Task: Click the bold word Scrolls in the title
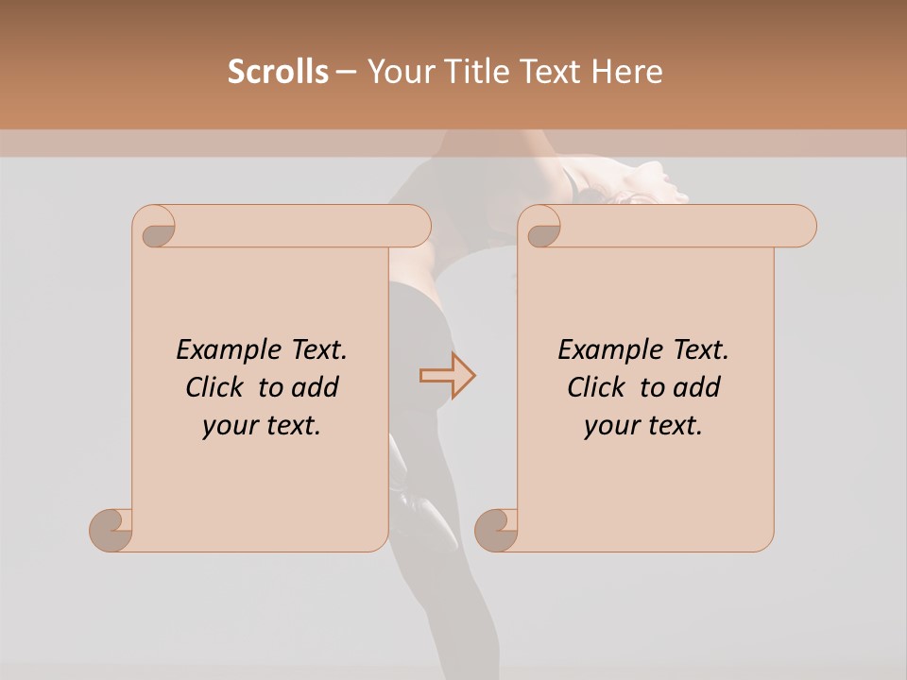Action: point(279,72)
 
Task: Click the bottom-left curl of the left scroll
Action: point(111,529)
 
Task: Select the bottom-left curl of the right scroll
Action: point(496,529)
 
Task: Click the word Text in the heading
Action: point(552,72)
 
